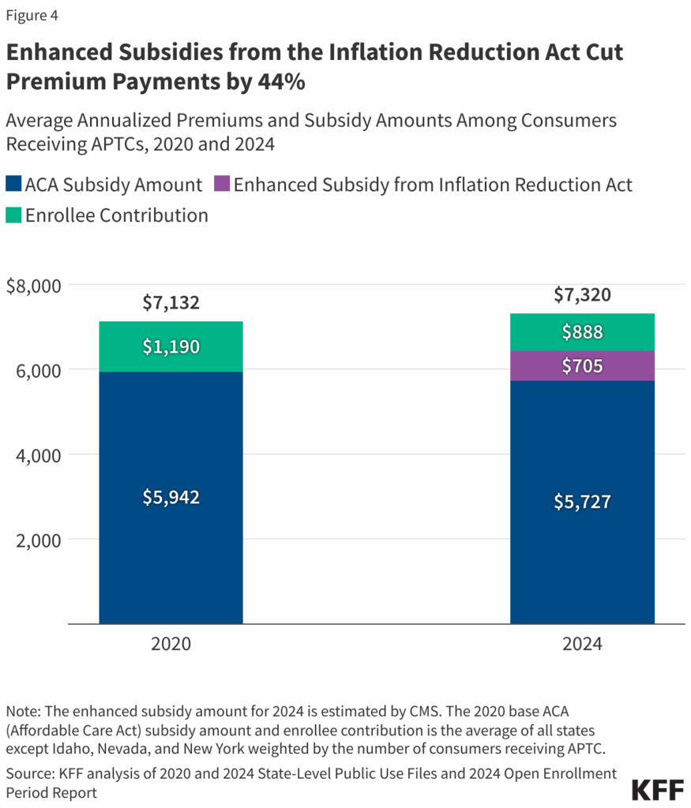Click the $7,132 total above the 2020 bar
click(x=171, y=302)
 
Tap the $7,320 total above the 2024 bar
click(x=582, y=295)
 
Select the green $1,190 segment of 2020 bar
click(x=171, y=346)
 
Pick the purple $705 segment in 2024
click(x=582, y=366)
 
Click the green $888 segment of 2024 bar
click(x=582, y=332)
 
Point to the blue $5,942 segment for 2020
click(x=171, y=497)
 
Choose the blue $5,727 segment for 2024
click(x=582, y=502)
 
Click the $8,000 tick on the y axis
click(x=32, y=285)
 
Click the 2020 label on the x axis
click(x=171, y=644)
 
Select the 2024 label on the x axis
click(x=582, y=644)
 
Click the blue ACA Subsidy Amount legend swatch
click(x=13, y=185)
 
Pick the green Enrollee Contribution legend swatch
click(x=13, y=215)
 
